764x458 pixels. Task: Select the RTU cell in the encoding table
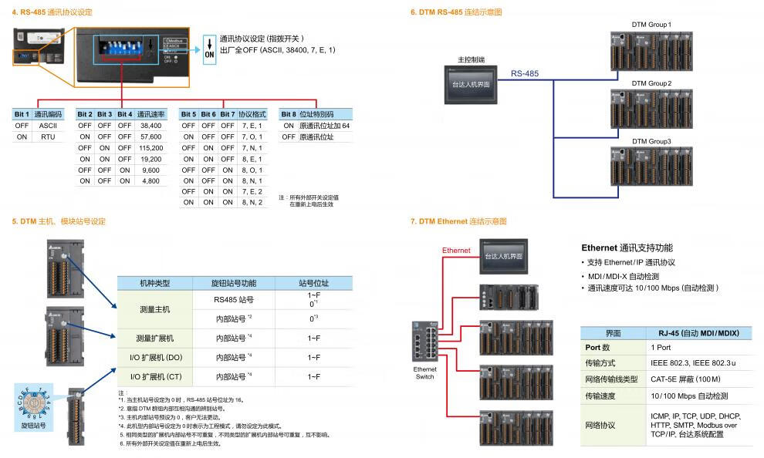48,136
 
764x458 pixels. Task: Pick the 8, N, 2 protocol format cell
252,202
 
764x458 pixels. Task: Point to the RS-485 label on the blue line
524,74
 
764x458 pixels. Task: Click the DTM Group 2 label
651,83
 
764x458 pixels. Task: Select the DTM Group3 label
651,141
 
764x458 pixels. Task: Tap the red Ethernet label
455,251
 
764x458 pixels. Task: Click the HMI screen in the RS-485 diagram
472,84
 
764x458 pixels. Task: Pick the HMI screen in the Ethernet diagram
503,256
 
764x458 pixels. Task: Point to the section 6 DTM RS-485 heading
456,12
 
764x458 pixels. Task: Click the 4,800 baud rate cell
150,180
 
